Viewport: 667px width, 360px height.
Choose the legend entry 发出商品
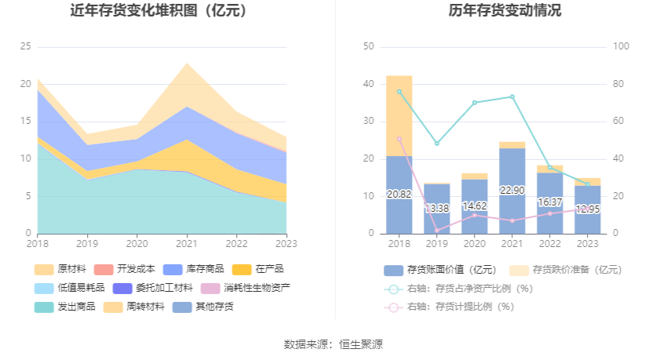point(68,307)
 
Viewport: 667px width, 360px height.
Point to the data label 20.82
point(399,194)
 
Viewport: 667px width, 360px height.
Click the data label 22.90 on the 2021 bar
point(512,191)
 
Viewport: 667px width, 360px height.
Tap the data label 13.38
point(437,209)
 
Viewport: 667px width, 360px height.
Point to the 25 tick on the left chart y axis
point(26,46)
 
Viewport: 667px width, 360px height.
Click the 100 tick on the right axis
point(621,46)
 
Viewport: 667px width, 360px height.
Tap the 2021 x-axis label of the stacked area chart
point(187,243)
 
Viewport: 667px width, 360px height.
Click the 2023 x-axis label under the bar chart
point(588,243)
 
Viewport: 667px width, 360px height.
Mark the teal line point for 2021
point(512,96)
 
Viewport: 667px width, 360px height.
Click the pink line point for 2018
point(399,139)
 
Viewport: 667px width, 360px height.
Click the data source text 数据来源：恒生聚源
point(333,344)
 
